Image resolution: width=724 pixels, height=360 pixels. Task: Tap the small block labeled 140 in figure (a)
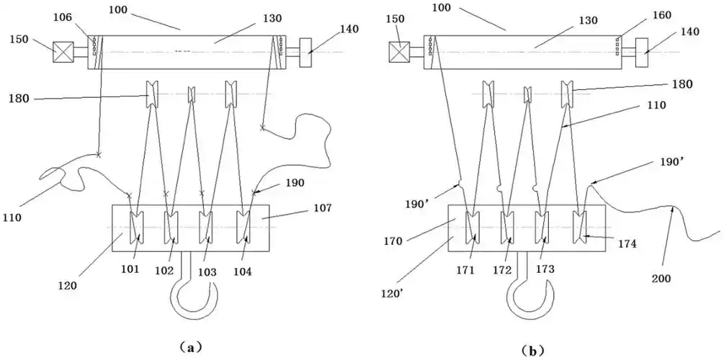coord(311,50)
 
